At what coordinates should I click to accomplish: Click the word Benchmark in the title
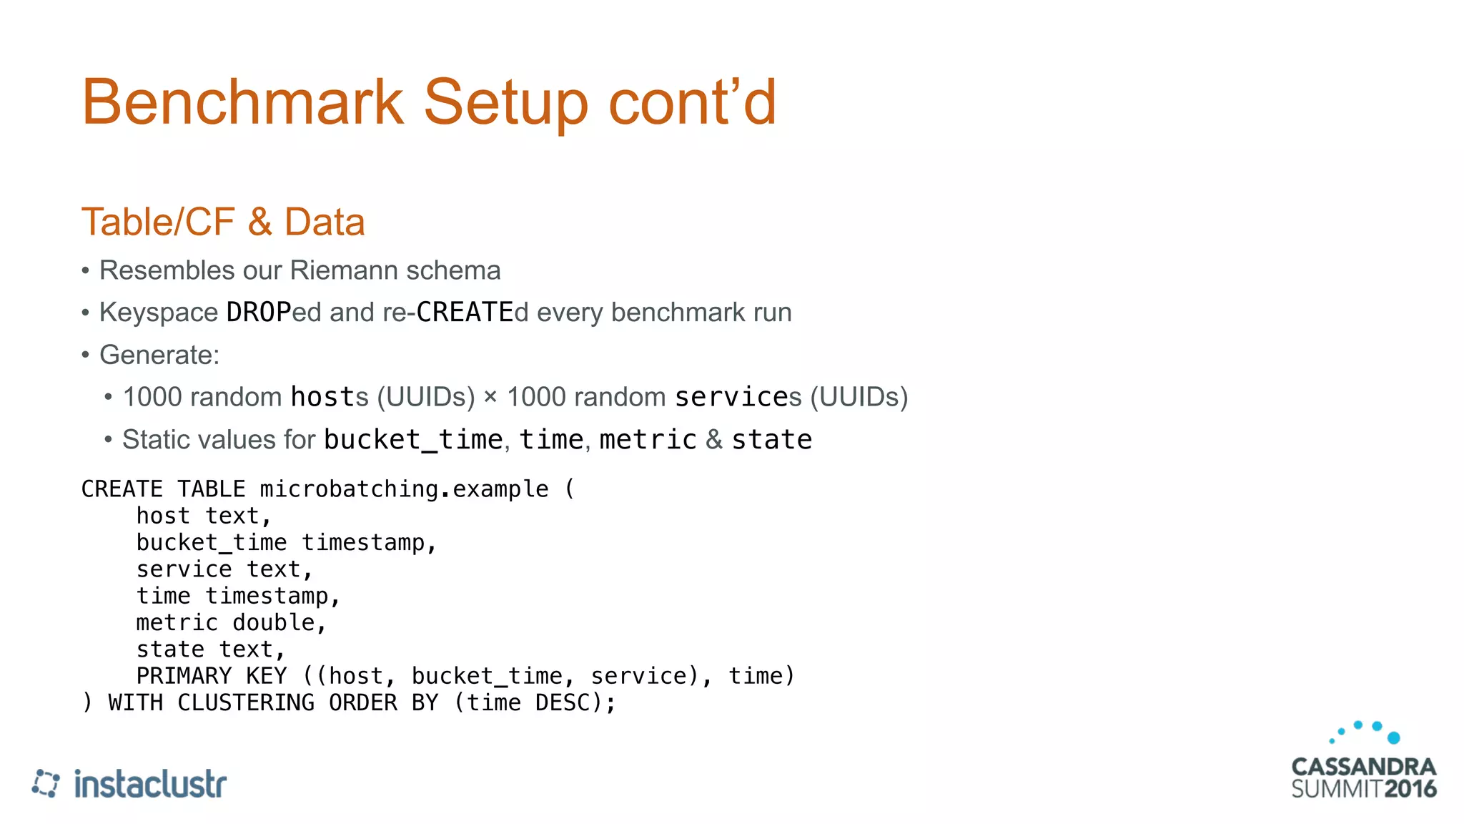coord(242,102)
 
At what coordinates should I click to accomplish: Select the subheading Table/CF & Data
coord(223,222)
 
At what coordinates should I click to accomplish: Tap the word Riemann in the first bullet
coord(344,270)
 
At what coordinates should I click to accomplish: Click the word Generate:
coord(159,355)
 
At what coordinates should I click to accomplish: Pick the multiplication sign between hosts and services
coord(490,396)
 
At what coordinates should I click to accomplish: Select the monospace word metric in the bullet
coord(648,439)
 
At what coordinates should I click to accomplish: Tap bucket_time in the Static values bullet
coord(413,439)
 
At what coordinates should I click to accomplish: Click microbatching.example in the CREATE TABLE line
coord(404,489)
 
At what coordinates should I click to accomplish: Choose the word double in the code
coord(273,623)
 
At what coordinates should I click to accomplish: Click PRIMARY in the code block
coord(184,676)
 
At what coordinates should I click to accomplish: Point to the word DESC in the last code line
coord(563,702)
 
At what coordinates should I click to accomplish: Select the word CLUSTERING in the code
coord(245,702)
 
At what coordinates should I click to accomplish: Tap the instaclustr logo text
coord(150,784)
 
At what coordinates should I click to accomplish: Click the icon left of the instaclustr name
coord(46,783)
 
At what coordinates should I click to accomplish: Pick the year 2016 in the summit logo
coord(1410,789)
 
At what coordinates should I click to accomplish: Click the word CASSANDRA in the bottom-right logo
coord(1363,767)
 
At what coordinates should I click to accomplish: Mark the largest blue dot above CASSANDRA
coord(1393,737)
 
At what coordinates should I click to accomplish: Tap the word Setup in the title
coord(505,102)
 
